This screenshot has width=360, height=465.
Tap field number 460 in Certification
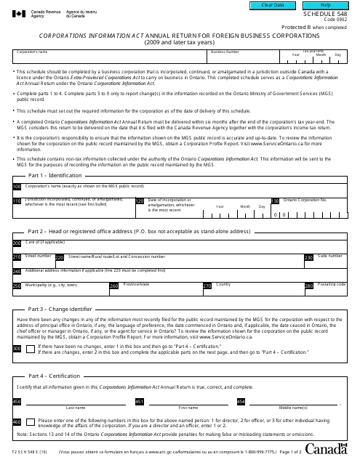pyautogui.click(x=17, y=421)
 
